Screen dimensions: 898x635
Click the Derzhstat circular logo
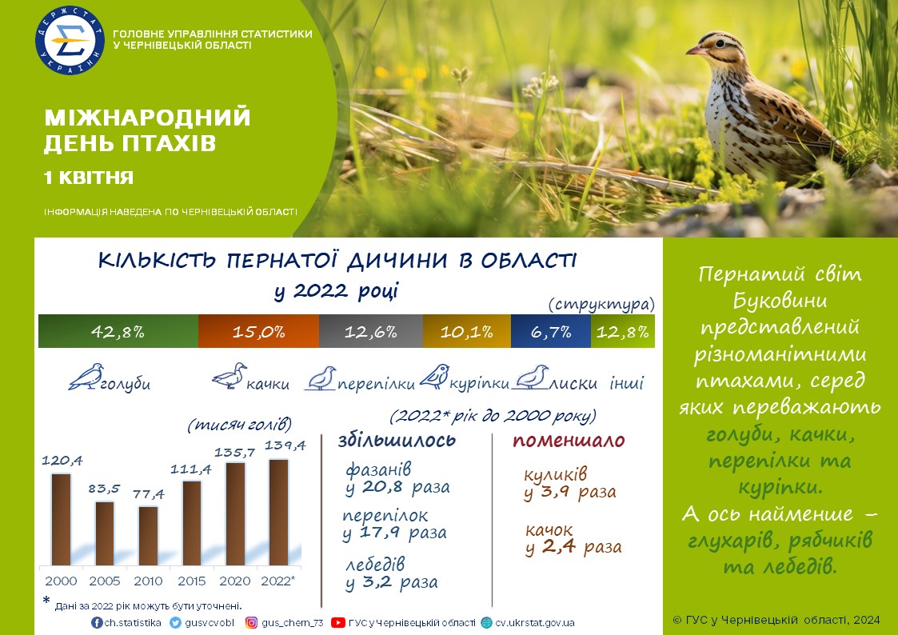pyautogui.click(x=70, y=40)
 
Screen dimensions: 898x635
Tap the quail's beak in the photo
pyautogui.click(x=694, y=51)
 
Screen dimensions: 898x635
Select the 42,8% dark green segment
pyautogui.click(x=118, y=331)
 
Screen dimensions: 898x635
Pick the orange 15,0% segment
pyautogui.click(x=259, y=331)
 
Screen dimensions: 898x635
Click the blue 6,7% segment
pyautogui.click(x=550, y=331)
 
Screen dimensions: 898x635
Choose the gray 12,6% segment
pyautogui.click(x=371, y=331)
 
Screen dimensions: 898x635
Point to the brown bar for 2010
pyautogui.click(x=148, y=536)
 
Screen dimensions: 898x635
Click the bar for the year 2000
pyautogui.click(x=62, y=520)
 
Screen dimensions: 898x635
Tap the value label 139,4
pyautogui.click(x=285, y=445)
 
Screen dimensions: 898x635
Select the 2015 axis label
pyautogui.click(x=191, y=581)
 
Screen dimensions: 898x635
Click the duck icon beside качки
pyautogui.click(x=229, y=376)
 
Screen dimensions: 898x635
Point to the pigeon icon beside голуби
pyautogui.click(x=86, y=376)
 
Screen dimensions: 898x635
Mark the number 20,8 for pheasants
pyautogui.click(x=382, y=487)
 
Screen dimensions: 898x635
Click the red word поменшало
pyautogui.click(x=569, y=441)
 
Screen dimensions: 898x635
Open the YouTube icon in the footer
pyautogui.click(x=338, y=622)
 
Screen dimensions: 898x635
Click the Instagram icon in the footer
pyautogui.click(x=251, y=622)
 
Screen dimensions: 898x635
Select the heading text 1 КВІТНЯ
pyautogui.click(x=89, y=178)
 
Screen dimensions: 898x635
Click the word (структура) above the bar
pyautogui.click(x=601, y=303)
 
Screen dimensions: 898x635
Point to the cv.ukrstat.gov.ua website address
pyautogui.click(x=535, y=622)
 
